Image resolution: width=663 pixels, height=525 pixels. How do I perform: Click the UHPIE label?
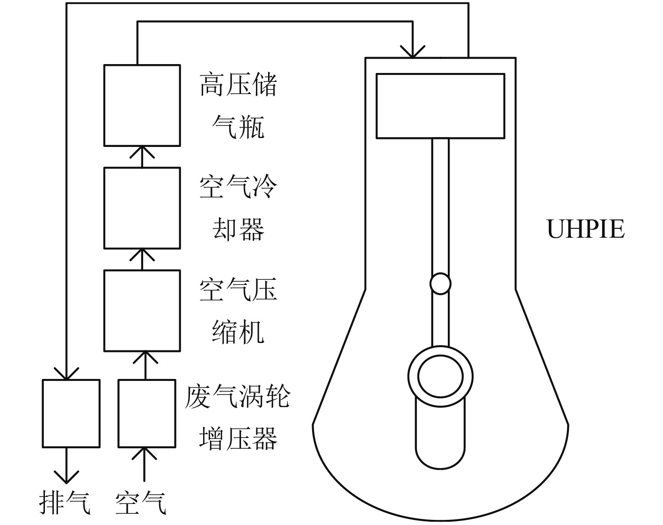(585, 229)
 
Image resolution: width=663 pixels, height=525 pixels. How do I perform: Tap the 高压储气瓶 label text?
(238, 106)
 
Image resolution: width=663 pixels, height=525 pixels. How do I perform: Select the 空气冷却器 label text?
(238, 208)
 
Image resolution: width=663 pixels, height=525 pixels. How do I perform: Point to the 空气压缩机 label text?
(238, 311)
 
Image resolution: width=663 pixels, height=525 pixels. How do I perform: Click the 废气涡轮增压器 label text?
(238, 417)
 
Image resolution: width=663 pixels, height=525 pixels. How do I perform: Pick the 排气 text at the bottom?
(65, 503)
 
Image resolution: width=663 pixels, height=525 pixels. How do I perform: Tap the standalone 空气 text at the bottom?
(141, 503)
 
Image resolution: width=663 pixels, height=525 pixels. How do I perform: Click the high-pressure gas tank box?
(142, 105)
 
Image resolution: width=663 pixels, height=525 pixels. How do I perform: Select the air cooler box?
(142, 208)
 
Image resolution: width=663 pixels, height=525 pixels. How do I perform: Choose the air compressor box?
(142, 310)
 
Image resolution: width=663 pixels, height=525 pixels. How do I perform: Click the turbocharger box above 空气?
(147, 413)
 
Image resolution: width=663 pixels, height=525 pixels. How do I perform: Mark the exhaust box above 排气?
(71, 413)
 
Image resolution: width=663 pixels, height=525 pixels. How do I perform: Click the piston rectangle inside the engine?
(440, 106)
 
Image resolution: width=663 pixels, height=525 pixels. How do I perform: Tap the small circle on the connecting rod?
(440, 284)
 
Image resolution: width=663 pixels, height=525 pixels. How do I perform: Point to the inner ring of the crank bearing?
(440, 377)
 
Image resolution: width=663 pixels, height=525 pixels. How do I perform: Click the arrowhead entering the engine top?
(412, 51)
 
